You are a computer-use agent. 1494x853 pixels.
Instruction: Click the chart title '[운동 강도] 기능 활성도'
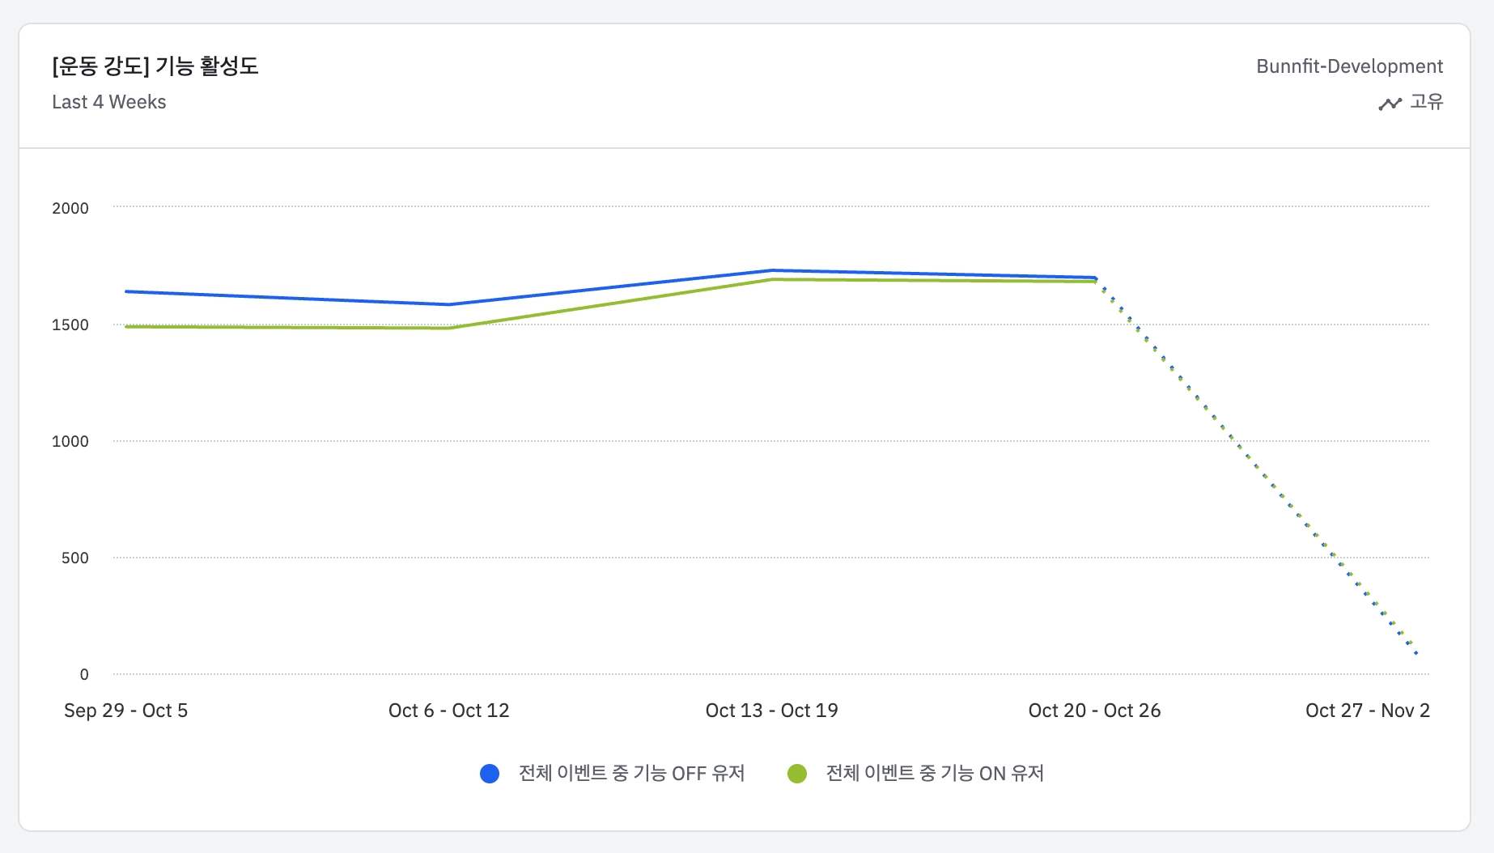(x=155, y=66)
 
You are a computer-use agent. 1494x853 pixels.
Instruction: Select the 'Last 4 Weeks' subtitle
(x=109, y=102)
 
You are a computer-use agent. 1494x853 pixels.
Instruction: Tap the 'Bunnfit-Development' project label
(x=1349, y=66)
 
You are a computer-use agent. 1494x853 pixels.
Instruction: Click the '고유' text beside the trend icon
(x=1427, y=102)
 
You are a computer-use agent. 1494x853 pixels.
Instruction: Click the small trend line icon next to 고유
(x=1390, y=104)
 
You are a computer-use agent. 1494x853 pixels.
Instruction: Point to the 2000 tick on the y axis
(x=70, y=208)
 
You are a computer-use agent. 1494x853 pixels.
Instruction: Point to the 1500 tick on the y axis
(x=70, y=325)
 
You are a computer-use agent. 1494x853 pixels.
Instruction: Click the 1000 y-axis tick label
(x=70, y=441)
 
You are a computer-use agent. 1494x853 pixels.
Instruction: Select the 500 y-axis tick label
(x=75, y=558)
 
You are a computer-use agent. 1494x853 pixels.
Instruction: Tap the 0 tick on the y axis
(x=84, y=674)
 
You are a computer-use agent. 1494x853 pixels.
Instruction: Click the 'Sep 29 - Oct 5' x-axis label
(x=125, y=711)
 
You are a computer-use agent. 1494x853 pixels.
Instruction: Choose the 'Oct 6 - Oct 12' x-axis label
(x=448, y=711)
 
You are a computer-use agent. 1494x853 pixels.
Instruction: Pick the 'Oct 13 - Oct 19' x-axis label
(x=771, y=711)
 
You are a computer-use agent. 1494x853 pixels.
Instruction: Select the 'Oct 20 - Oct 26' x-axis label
(x=1094, y=711)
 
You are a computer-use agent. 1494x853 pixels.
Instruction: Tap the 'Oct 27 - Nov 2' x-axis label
(x=1367, y=711)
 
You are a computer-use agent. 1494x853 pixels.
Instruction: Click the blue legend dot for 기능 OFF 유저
(x=490, y=774)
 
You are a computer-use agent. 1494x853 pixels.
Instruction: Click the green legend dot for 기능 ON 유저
(x=797, y=774)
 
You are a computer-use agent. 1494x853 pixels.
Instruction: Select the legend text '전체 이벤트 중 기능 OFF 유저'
(x=631, y=774)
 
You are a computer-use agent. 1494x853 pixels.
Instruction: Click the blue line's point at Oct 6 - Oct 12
(x=449, y=304)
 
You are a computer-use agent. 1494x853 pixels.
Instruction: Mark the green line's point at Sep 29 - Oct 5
(x=126, y=326)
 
